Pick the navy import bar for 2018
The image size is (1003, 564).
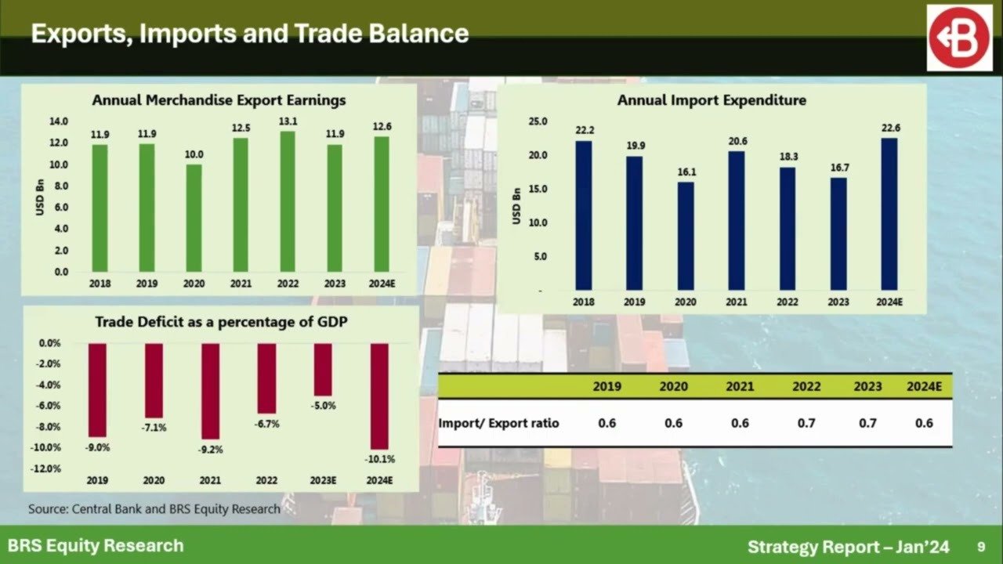pyautogui.click(x=584, y=215)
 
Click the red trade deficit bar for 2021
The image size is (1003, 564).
pyautogui.click(x=211, y=391)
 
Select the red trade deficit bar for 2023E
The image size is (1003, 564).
pyautogui.click(x=323, y=370)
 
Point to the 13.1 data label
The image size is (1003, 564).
pyautogui.click(x=288, y=121)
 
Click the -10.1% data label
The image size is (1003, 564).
pyautogui.click(x=380, y=459)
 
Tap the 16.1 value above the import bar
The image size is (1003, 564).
pyautogui.click(x=686, y=172)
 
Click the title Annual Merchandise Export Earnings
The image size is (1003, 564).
pyautogui.click(x=219, y=100)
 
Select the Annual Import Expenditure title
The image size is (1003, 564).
pyautogui.click(x=712, y=100)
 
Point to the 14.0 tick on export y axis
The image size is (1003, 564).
pyautogui.click(x=59, y=121)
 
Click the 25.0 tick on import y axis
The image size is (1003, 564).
pyautogui.click(x=537, y=121)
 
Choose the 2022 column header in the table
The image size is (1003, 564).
pyautogui.click(x=806, y=386)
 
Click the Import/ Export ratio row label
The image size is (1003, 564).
pyautogui.click(x=499, y=423)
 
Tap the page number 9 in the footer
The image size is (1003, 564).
pyautogui.click(x=981, y=545)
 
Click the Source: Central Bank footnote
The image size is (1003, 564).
pyautogui.click(x=154, y=509)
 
